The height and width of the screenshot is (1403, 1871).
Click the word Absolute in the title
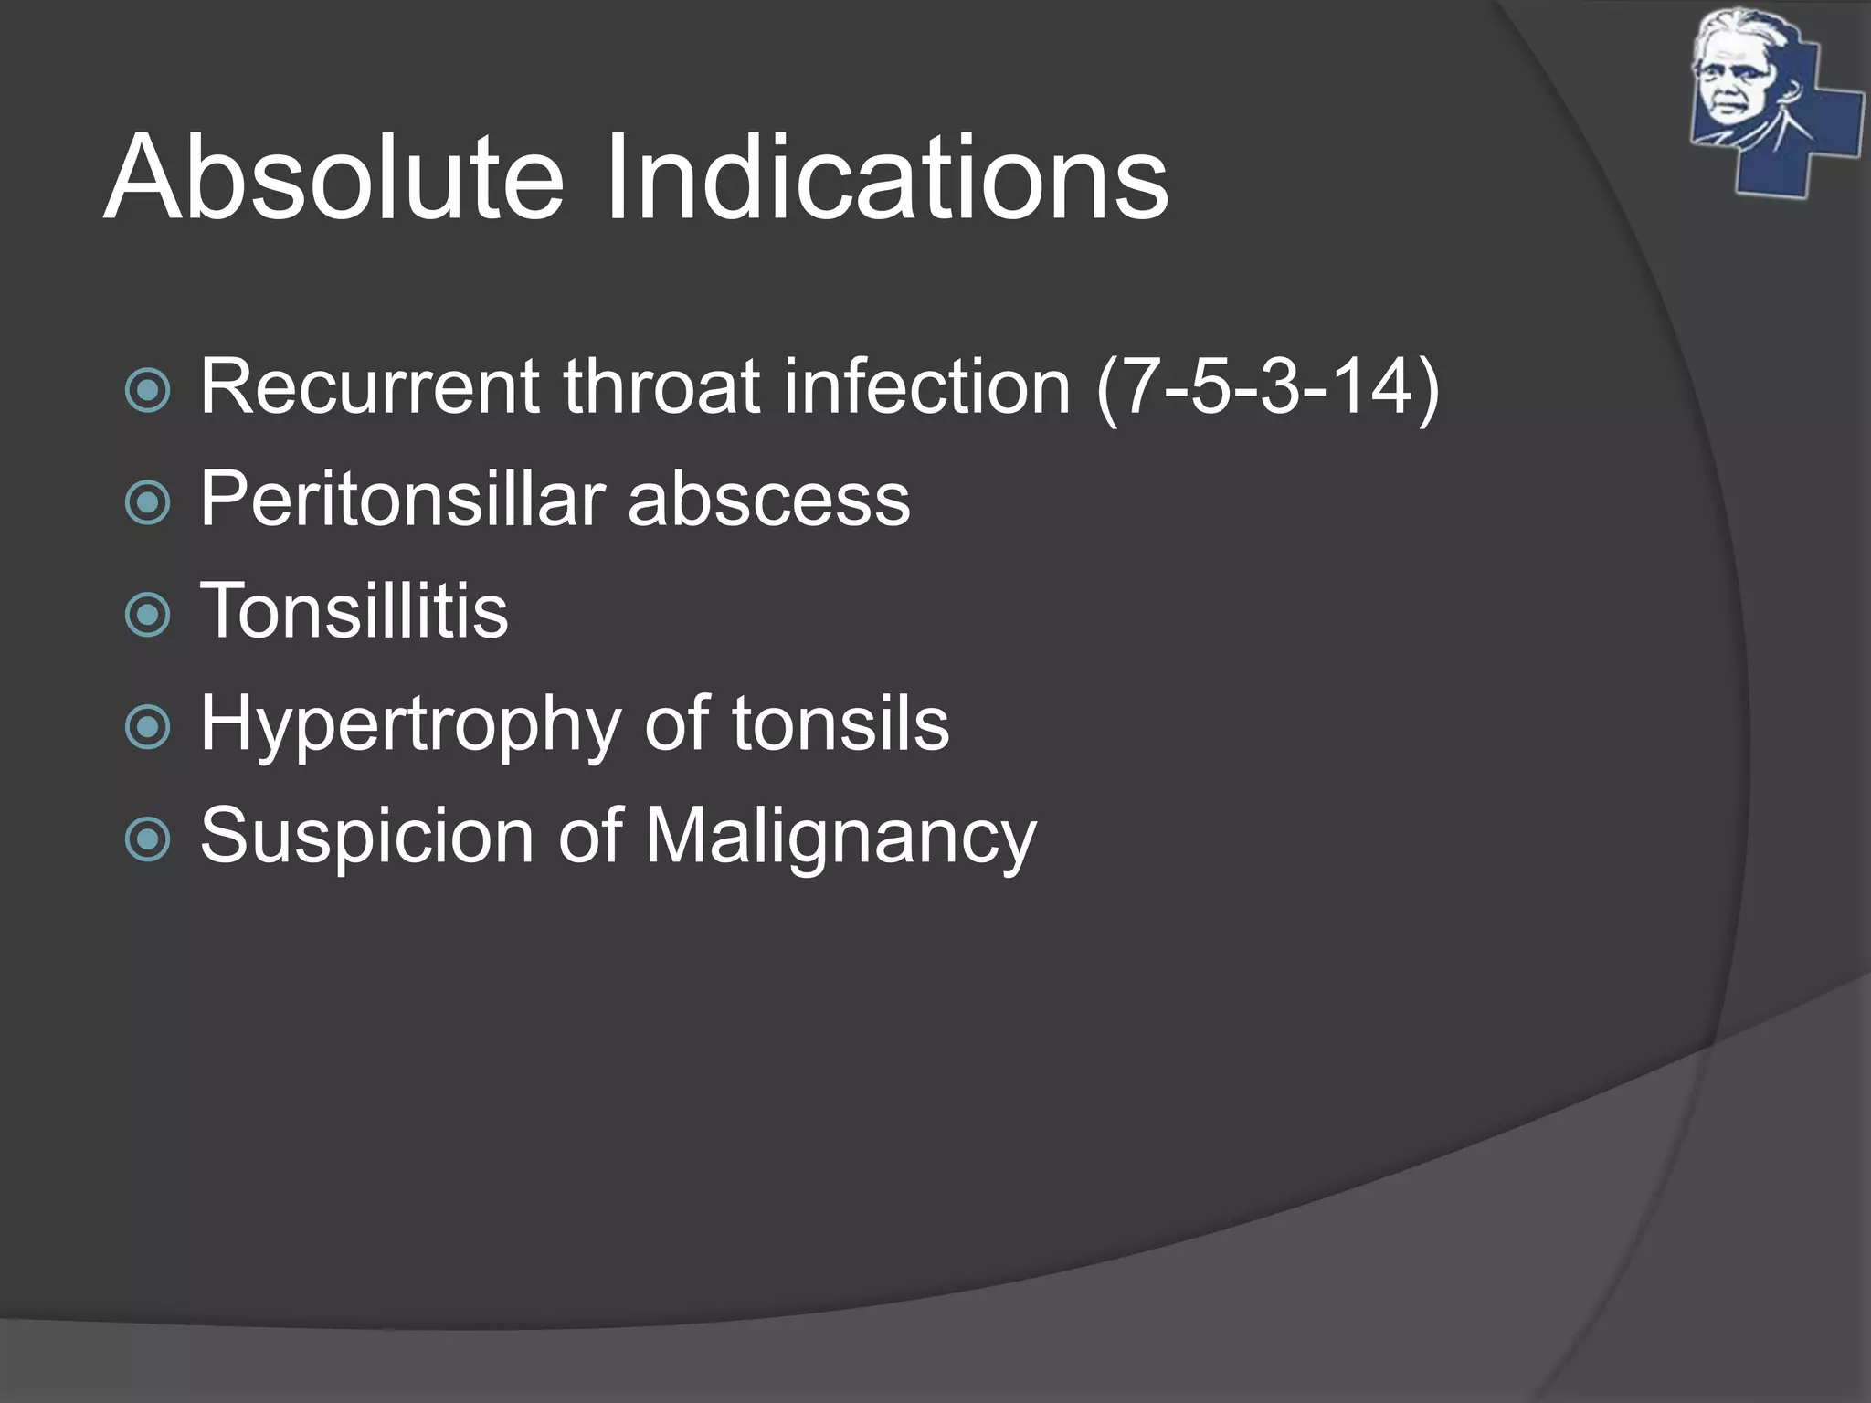(x=333, y=177)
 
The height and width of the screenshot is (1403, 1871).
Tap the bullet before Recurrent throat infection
(x=147, y=391)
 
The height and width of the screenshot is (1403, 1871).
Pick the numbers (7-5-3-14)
(x=1267, y=388)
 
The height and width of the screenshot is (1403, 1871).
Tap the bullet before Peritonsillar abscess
(x=147, y=502)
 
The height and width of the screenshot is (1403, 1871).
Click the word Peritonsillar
(x=402, y=499)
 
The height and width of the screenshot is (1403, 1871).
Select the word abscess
(x=768, y=501)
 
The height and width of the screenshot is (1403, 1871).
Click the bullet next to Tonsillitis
(x=147, y=615)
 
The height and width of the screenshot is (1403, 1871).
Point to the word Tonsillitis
(x=354, y=610)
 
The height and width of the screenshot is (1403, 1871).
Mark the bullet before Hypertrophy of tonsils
(x=147, y=727)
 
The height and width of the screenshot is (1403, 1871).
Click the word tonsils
(x=840, y=723)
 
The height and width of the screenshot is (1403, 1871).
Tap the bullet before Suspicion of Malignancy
(x=147, y=839)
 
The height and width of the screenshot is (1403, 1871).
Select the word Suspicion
(x=366, y=836)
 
